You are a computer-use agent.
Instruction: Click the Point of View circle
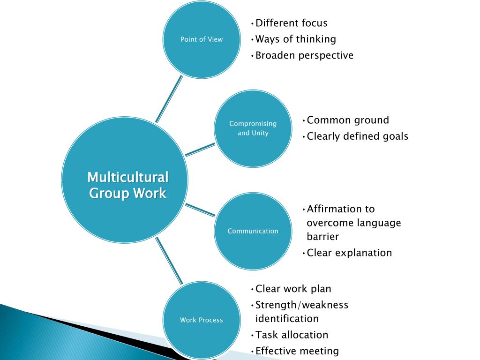pos(202,39)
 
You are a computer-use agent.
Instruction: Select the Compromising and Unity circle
pos(253,128)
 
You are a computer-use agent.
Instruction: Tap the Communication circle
pos(253,231)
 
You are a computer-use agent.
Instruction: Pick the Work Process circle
pos(202,320)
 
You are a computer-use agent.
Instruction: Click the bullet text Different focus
pos(291,23)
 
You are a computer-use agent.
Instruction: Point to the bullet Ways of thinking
pos(295,39)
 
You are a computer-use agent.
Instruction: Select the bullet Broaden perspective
pos(304,55)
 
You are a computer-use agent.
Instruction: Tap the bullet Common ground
pos(348,120)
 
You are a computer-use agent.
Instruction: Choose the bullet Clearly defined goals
pos(357,136)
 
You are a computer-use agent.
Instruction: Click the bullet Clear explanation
pos(349,253)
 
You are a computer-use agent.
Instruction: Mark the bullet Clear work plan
pos(293,289)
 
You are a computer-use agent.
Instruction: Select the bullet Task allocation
pos(292,335)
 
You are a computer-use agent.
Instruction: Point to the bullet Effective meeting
pos(297,351)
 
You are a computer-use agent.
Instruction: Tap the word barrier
pos(323,237)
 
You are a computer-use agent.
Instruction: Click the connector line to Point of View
pos(169,99)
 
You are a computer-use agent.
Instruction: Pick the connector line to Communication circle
pos(200,210)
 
